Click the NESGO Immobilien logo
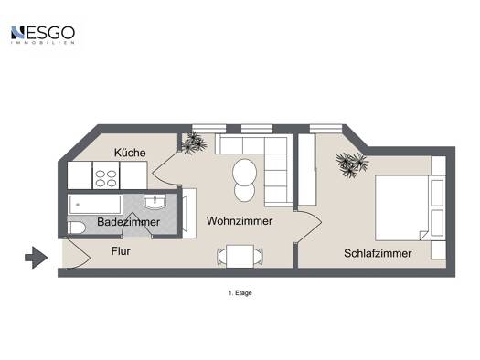point(43,35)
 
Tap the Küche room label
point(130,153)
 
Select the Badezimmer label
point(128,222)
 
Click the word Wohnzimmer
point(240,221)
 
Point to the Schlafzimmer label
point(378,253)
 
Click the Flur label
point(121,251)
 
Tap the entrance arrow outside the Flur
point(37,258)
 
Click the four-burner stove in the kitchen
point(106,175)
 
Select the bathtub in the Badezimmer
point(95,205)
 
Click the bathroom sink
point(155,202)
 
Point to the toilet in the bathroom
point(76,228)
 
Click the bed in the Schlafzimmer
point(401,208)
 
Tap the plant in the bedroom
point(352,164)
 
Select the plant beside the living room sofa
point(194,143)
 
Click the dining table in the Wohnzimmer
point(240,257)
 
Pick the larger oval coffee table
point(244,172)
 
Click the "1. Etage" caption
point(240,293)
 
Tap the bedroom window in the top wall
point(325,129)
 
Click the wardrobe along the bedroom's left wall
point(307,169)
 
